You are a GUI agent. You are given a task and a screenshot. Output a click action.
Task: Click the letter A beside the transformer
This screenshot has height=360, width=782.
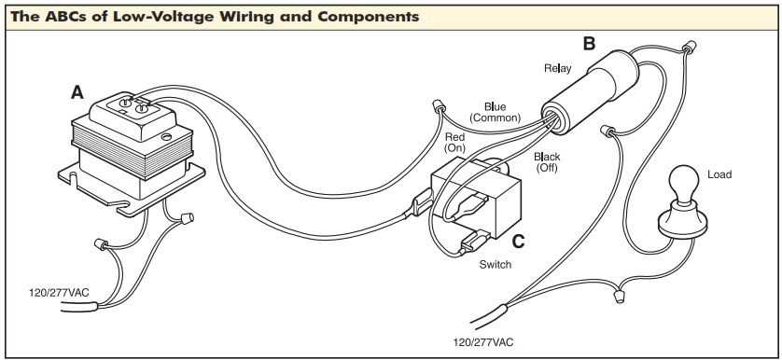[77, 92]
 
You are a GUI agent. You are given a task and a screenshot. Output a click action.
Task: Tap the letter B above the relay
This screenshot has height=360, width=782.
[589, 44]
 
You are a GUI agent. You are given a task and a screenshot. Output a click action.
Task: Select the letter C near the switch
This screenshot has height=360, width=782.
[518, 242]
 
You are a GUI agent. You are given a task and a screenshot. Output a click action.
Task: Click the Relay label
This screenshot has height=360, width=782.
[558, 68]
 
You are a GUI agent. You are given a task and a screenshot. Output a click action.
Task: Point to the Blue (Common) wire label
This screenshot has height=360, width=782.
[495, 112]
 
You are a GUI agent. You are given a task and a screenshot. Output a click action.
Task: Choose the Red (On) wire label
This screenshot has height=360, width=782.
[454, 142]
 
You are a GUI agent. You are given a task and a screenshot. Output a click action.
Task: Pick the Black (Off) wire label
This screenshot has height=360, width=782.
[547, 162]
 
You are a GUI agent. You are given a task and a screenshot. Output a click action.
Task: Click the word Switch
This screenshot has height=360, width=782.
[496, 264]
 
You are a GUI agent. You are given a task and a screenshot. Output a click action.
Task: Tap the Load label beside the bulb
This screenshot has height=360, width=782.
[719, 174]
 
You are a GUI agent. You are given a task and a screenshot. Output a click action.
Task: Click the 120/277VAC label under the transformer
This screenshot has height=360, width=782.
[59, 293]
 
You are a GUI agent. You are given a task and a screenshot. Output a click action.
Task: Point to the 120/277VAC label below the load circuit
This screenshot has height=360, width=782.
[482, 342]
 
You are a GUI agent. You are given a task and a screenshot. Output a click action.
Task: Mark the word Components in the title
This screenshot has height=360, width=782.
[368, 17]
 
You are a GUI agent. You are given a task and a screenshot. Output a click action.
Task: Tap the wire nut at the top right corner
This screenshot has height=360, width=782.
[690, 48]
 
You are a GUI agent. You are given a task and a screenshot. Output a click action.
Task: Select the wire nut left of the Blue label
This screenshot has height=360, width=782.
[438, 106]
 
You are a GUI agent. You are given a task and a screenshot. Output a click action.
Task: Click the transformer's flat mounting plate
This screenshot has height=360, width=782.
[132, 189]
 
